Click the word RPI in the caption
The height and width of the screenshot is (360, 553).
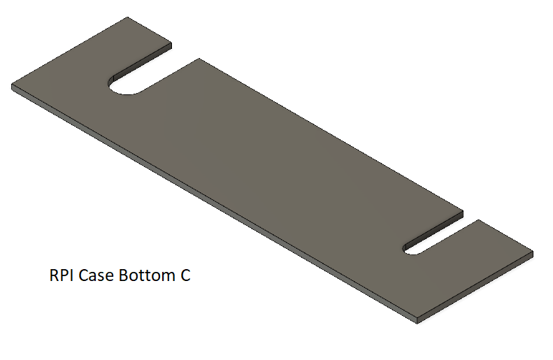click(x=62, y=275)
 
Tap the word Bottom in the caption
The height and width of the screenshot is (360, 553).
click(x=147, y=275)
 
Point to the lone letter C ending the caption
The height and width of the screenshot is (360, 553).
click(x=185, y=275)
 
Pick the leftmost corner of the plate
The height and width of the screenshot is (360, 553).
click(x=12, y=85)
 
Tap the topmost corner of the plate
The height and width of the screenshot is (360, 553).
click(x=127, y=17)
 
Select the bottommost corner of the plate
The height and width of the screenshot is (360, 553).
click(x=417, y=323)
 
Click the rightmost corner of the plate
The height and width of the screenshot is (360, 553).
click(x=533, y=252)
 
